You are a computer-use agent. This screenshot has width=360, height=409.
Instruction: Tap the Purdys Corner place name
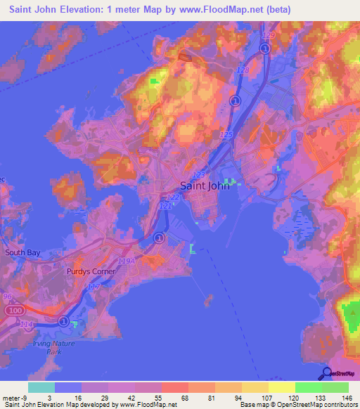tap(89, 271)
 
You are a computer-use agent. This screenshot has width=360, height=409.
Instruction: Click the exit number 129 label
tap(266, 34)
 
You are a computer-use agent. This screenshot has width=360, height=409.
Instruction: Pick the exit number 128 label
tap(243, 71)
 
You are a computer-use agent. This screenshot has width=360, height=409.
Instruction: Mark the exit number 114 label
tap(26, 323)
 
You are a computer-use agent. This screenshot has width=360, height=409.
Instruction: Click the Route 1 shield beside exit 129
tap(265, 48)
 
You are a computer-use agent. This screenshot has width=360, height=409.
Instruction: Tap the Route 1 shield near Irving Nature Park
tap(63, 322)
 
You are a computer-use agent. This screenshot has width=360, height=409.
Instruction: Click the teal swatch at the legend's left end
tap(41, 387)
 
